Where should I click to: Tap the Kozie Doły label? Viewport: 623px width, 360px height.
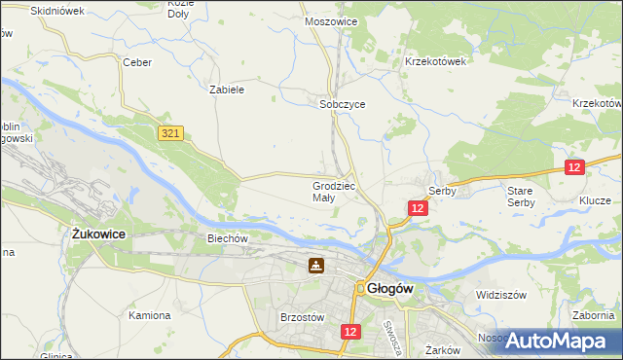(181, 9)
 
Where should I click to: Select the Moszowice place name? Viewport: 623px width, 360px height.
(331, 20)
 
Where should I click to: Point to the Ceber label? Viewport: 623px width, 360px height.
(137, 62)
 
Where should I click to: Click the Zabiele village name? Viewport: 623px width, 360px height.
(226, 89)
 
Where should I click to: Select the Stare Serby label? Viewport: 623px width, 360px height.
(520, 197)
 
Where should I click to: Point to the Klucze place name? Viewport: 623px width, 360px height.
(595, 198)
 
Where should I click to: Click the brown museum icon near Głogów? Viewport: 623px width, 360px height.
(316, 265)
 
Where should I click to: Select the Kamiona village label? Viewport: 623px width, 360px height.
(150, 315)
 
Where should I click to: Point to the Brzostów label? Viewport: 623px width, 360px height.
(301, 317)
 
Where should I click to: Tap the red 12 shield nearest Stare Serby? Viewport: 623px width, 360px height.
(574, 167)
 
